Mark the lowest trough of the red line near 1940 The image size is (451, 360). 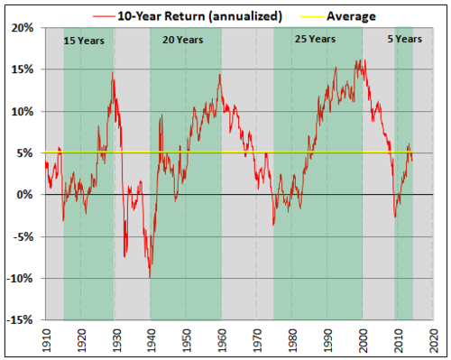[149, 275]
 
